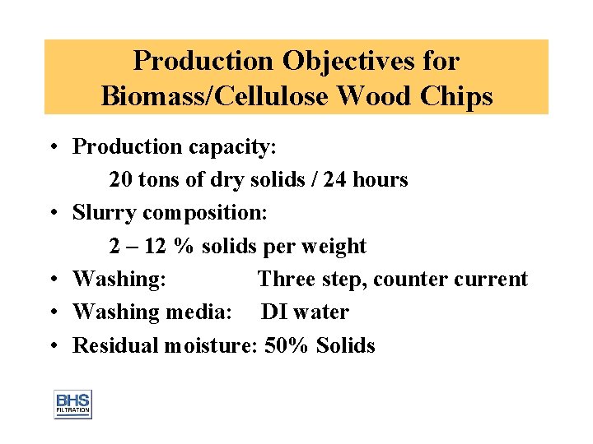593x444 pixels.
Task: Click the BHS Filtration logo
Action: [72, 404]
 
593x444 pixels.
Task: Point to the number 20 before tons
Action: [120, 179]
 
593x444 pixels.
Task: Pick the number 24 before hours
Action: [336, 179]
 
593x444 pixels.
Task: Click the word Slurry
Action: [105, 213]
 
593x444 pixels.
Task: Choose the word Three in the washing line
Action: [286, 280]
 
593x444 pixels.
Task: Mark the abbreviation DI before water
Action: [274, 312]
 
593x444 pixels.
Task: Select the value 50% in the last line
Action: [286, 346]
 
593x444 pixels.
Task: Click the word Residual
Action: [115, 346]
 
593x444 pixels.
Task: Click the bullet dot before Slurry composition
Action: [52, 214]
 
